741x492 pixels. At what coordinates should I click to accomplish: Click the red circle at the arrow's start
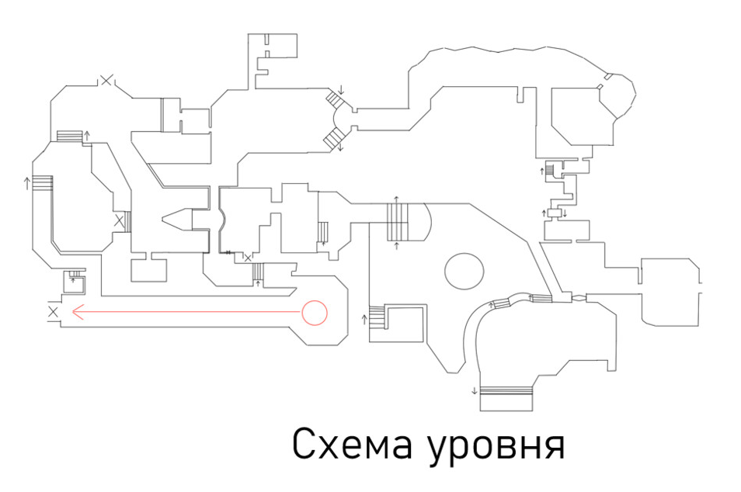(x=315, y=312)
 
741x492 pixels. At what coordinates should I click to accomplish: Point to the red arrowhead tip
(x=72, y=313)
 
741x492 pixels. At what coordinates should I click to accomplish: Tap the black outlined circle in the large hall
(x=464, y=270)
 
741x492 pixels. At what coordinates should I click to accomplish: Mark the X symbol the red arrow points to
(x=53, y=312)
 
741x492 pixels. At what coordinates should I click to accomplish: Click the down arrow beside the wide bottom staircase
(x=474, y=390)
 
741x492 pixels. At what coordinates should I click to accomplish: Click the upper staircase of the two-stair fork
(x=336, y=102)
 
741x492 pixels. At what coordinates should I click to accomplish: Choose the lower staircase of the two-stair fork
(x=333, y=140)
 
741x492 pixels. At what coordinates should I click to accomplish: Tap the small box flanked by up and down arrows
(x=555, y=213)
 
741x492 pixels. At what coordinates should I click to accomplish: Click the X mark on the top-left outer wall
(x=106, y=78)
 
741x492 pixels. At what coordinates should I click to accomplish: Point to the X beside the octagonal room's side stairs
(x=119, y=222)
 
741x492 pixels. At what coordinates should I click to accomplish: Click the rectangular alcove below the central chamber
(x=148, y=269)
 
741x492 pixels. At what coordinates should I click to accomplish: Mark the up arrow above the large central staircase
(x=396, y=200)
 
